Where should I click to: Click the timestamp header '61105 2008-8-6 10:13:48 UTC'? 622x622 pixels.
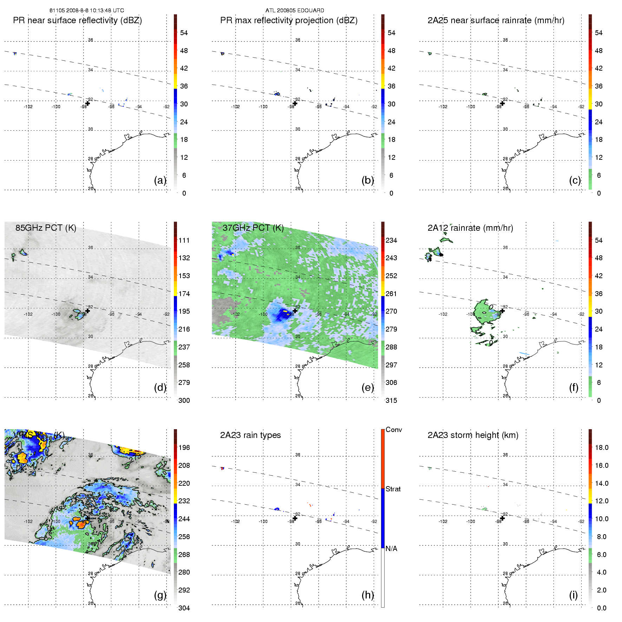click(x=86, y=11)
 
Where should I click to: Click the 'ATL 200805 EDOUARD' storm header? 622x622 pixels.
click(x=295, y=11)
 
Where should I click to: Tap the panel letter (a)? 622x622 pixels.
click(x=160, y=180)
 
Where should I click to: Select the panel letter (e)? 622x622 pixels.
click(x=367, y=387)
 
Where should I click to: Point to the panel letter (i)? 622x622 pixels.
click(x=573, y=595)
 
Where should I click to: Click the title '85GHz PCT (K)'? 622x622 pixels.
click(x=46, y=228)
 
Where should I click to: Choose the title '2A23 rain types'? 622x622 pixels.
click(x=250, y=435)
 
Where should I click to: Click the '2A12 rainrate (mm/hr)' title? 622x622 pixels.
click(x=470, y=228)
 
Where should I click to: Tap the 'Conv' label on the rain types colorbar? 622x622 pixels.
click(x=394, y=430)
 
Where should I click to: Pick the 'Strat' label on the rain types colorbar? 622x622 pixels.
click(x=393, y=489)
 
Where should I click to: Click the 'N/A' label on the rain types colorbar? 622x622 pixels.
click(x=391, y=549)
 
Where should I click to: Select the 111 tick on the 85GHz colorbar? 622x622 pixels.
click(x=184, y=240)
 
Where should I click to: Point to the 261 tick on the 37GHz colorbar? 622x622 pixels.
click(x=391, y=294)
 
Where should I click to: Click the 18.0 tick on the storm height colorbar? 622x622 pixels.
click(x=602, y=447)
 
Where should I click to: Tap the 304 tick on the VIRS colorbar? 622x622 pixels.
click(x=184, y=608)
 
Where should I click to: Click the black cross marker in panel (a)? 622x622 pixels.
click(x=88, y=103)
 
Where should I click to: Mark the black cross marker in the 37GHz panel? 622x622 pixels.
click(x=295, y=311)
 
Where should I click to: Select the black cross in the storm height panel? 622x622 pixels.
click(x=502, y=518)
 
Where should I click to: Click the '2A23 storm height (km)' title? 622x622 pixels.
click(x=473, y=435)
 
